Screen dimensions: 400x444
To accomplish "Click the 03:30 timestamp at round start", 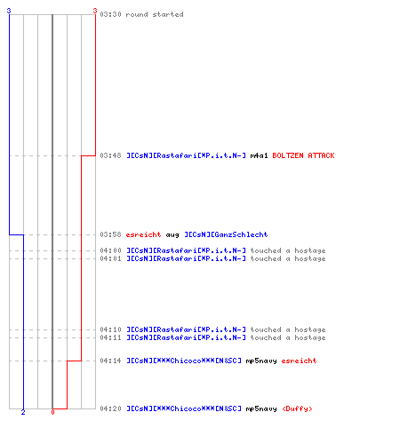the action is (110, 14).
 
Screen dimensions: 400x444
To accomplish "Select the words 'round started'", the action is (155, 14).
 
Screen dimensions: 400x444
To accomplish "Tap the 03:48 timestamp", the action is (110, 155).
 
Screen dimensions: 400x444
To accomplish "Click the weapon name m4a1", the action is (259, 155).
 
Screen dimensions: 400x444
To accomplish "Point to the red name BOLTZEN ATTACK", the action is (303, 155).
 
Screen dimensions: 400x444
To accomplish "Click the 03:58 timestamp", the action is (110, 234).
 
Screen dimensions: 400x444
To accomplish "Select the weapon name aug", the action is (172, 235).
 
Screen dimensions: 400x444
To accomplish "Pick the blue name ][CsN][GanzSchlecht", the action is (226, 234).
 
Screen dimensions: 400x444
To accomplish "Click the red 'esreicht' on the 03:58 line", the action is (143, 234).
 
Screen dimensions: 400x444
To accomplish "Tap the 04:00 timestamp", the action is (110, 250).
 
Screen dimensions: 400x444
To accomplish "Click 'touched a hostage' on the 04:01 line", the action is (288, 258).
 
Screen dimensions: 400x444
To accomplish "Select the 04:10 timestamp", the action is (110, 329).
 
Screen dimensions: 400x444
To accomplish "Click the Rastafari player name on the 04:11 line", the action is (186, 337).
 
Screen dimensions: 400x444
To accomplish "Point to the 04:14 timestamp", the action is (110, 361).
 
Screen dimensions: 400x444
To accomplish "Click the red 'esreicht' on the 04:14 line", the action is (299, 361).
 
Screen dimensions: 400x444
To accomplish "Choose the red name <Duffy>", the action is (297, 408).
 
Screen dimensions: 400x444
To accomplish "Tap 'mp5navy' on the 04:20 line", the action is (261, 409).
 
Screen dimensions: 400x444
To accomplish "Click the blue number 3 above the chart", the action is (9, 11).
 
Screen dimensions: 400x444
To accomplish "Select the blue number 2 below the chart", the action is (23, 412).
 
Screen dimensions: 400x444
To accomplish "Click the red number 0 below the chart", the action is (52, 412).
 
